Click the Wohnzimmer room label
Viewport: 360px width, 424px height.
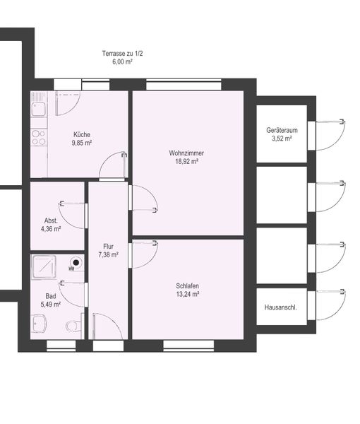186,153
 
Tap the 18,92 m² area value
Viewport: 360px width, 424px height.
186,161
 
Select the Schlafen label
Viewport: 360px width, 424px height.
188,285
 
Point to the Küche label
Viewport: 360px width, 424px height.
82,134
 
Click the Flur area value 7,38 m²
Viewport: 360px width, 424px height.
108,254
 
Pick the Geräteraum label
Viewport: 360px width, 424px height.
282,130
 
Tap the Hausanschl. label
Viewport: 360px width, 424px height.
281,307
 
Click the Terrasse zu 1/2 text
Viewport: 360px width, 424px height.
122,53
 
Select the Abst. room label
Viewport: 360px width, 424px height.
51,220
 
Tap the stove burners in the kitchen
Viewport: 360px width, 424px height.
39,138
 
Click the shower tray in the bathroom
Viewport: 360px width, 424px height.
44,267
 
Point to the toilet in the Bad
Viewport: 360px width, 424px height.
73,325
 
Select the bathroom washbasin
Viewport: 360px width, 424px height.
39,324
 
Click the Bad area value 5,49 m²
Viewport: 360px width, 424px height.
51,304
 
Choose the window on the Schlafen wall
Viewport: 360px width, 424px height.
188,346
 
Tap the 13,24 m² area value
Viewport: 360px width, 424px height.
188,294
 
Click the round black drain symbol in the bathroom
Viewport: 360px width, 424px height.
76,262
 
